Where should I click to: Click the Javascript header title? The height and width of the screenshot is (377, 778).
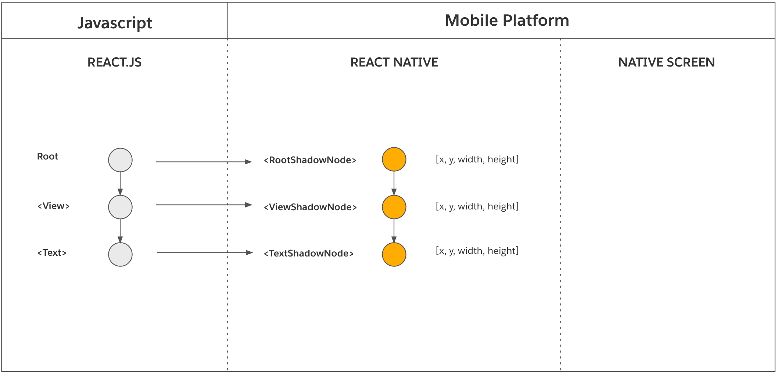(115, 23)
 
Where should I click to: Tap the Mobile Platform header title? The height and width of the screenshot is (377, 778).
(507, 20)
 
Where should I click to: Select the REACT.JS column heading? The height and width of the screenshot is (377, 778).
(114, 62)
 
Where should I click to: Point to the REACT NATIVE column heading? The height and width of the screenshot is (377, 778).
(394, 62)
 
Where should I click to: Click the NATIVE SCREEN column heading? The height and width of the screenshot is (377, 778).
(666, 62)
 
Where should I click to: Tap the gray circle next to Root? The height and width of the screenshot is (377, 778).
(120, 160)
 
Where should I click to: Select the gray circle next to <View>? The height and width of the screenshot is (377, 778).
(120, 207)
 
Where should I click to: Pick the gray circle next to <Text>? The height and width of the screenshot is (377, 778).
(120, 254)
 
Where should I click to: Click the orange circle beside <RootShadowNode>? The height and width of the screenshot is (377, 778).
(394, 159)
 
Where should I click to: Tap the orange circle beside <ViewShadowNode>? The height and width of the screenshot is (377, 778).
(394, 207)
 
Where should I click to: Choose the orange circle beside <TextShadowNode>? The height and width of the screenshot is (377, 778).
(394, 254)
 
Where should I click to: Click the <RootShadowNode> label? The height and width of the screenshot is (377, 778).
(310, 160)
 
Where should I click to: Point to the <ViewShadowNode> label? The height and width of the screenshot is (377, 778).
(310, 207)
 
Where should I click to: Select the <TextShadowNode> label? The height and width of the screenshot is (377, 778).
(309, 254)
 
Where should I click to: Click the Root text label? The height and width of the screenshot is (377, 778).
(47, 157)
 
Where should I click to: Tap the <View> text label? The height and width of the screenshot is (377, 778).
(53, 206)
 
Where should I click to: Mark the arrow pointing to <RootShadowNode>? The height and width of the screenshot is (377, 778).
(204, 162)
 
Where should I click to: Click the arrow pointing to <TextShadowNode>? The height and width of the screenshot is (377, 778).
(205, 252)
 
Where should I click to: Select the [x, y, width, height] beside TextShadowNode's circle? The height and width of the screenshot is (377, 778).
(477, 251)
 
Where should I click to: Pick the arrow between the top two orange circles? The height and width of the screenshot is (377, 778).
(394, 183)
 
